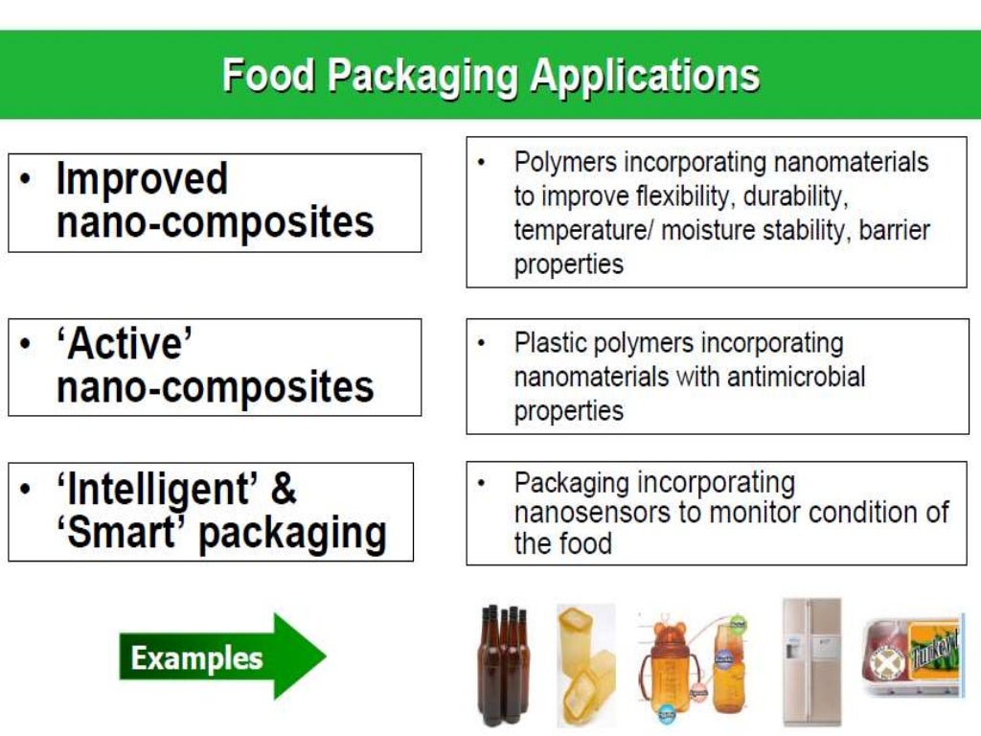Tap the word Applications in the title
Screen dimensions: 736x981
[645, 76]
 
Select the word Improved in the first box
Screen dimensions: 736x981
[142, 179]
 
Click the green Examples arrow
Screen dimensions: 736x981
[221, 657]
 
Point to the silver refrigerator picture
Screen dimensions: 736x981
[811, 660]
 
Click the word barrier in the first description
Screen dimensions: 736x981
[895, 231]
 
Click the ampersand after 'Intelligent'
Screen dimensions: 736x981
[284, 490]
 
